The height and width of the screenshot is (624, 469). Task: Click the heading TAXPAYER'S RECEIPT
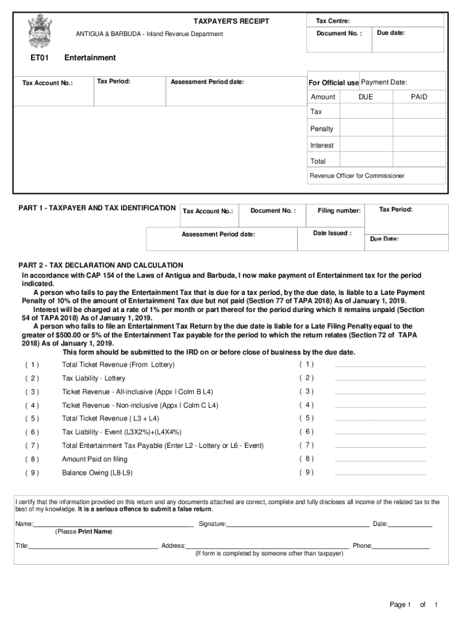(231, 21)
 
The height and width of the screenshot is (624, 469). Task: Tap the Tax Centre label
(333, 21)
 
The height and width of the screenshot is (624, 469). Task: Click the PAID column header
(418, 97)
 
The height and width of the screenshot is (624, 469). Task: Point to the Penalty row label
(322, 129)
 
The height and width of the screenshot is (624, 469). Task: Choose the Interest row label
(322, 145)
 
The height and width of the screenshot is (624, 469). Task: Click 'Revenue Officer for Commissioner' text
(357, 175)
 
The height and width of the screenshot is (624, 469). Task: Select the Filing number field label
(339, 211)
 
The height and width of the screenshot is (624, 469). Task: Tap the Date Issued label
(332, 233)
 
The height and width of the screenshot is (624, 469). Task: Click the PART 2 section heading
(100, 265)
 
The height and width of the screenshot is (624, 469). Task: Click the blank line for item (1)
(380, 366)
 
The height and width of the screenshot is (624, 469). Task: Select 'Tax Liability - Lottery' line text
(93, 378)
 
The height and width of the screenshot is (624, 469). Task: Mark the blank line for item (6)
(380, 433)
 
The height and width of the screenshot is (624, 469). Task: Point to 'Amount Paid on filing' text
(94, 459)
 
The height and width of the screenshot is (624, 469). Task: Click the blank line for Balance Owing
(380, 473)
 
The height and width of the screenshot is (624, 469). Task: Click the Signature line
(297, 524)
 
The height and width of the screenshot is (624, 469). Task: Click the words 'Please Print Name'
(83, 531)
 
